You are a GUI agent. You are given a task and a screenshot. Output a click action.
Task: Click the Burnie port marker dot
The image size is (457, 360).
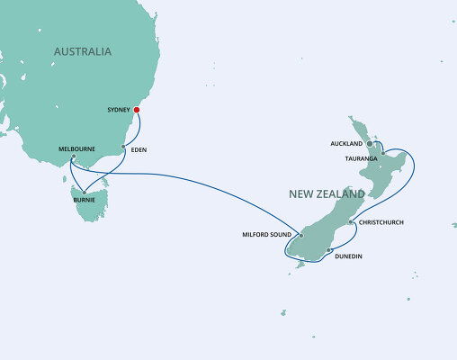click(83, 192)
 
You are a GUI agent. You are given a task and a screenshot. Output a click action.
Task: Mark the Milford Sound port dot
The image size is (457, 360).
click(301, 236)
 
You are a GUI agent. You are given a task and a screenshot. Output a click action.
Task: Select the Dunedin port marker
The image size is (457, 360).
click(329, 250)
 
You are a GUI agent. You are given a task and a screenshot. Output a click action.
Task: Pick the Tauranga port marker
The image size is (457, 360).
click(382, 153)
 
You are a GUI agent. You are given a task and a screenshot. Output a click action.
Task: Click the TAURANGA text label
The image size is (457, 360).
click(361, 157)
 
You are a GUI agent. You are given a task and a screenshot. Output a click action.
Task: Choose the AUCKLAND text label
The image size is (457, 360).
click(346, 143)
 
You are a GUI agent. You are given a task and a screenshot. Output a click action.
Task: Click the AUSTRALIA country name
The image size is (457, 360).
click(83, 51)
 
